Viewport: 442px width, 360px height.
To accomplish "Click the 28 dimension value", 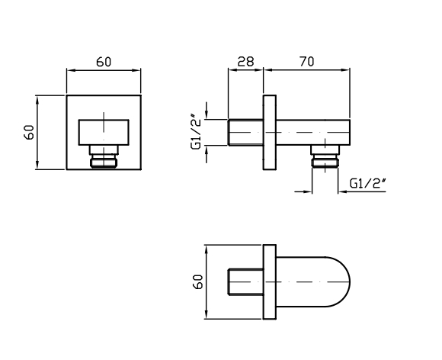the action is point(245,62).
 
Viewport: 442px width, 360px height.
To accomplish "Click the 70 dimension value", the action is point(306,62).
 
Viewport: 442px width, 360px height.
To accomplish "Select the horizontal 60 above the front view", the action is point(104,62).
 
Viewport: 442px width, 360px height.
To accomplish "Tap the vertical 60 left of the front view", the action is point(29,132).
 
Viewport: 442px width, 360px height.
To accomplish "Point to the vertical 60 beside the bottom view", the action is point(198,281).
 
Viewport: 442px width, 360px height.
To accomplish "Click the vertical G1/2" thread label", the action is point(197,131).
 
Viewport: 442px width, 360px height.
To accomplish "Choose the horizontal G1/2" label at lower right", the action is point(367,183).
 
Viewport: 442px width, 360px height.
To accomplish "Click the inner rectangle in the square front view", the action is point(104,132).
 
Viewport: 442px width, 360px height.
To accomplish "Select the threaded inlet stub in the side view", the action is point(245,132).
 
